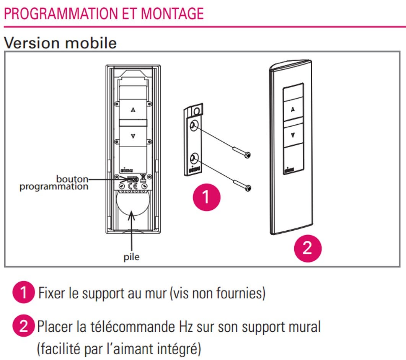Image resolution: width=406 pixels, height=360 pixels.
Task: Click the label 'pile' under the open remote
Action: [x=131, y=257]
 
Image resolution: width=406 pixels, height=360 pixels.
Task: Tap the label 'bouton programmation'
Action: [x=54, y=183]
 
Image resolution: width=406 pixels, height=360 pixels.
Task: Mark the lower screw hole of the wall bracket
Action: [x=194, y=158]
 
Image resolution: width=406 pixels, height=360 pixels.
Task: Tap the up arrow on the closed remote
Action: [x=293, y=109]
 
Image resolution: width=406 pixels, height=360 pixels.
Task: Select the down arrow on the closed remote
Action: [x=293, y=135]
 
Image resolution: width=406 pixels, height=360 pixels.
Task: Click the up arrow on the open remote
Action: [x=133, y=110]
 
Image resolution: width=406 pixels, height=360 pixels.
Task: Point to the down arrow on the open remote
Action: [x=133, y=136]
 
